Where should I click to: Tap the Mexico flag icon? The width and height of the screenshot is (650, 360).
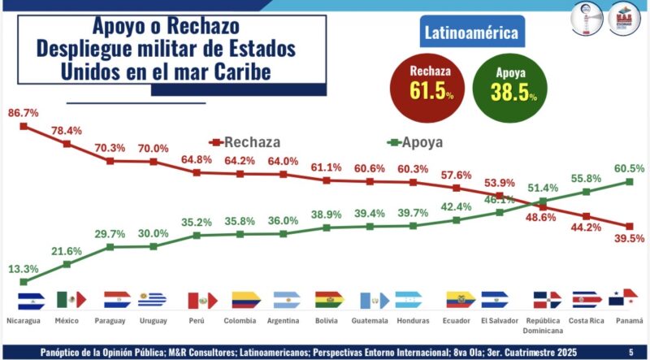(71, 300)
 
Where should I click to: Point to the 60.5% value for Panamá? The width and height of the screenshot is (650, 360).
(630, 167)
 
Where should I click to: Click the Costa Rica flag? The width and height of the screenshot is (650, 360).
(587, 300)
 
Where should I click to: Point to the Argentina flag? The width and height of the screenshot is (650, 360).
(287, 300)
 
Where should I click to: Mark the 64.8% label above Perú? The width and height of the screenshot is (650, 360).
(196, 159)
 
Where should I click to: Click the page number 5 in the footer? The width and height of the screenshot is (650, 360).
(631, 352)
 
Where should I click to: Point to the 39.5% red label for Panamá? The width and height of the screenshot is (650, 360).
(630, 237)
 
